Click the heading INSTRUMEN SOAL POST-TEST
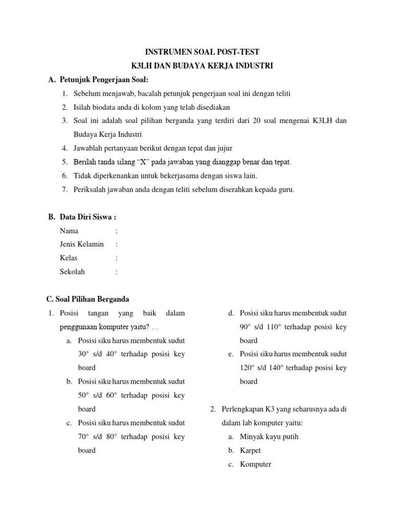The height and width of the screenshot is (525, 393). [202, 52]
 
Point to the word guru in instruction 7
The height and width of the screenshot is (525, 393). [286, 190]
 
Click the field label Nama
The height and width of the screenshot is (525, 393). [69, 231]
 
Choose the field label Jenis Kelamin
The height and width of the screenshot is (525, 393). [82, 245]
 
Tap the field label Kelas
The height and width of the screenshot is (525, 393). [69, 258]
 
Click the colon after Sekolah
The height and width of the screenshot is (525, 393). [117, 272]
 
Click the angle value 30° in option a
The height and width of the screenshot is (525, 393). [83, 354]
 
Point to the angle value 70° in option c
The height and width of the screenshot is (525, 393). [83, 436]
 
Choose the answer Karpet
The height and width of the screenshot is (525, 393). [250, 451]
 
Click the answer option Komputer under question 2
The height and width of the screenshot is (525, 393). [255, 465]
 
